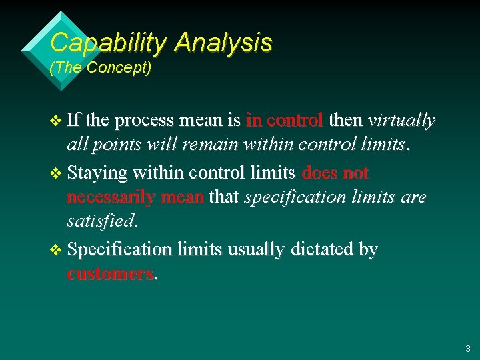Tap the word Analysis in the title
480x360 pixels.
coord(223,43)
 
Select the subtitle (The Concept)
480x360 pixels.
coord(101,68)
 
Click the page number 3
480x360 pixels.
coord(467,348)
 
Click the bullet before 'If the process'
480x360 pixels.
coord(55,121)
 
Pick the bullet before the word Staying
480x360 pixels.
coord(55,173)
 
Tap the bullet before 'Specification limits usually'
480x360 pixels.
coord(55,250)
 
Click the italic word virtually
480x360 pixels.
coord(401,121)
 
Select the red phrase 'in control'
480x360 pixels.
coord(285,121)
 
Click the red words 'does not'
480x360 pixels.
coord(335,173)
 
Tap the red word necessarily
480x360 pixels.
coord(111,197)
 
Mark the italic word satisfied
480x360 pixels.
coord(100,220)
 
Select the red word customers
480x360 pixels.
coord(110,274)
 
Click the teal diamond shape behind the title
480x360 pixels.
coord(40,50)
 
